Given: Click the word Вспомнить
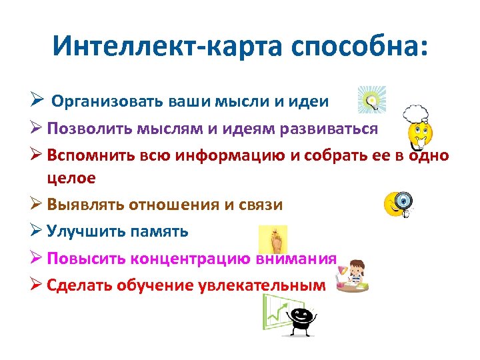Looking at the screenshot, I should click(x=93, y=155).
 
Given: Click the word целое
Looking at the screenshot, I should click(x=71, y=177).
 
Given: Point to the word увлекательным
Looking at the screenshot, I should click(x=262, y=285).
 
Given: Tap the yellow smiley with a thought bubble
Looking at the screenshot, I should click(x=419, y=127).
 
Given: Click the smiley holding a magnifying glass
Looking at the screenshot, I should click(x=398, y=204).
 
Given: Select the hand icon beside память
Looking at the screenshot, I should click(x=273, y=239).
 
